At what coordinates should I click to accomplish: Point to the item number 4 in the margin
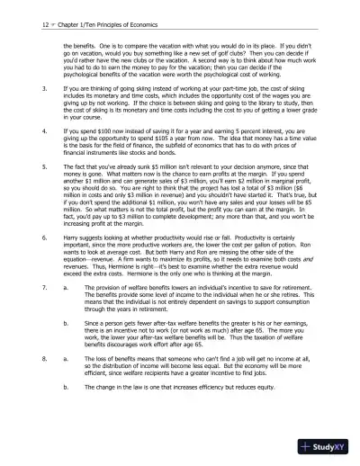45,131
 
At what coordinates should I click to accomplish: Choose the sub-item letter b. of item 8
67,384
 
